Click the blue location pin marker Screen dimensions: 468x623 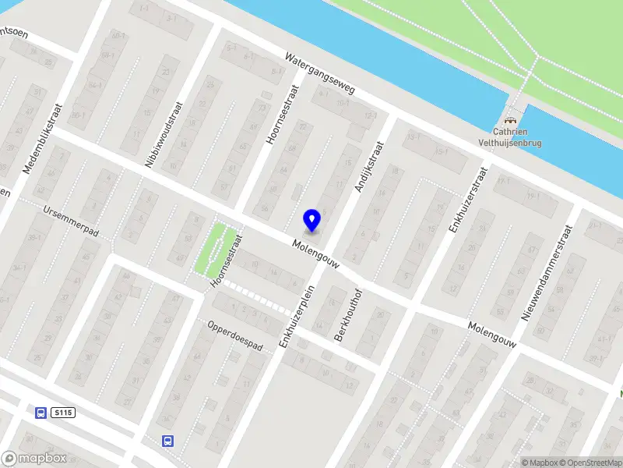[312, 220]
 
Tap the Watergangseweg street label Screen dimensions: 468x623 [319, 74]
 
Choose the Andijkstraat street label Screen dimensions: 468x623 [369, 166]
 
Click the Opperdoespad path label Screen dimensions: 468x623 [234, 335]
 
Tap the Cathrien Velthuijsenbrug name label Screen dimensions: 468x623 [511, 137]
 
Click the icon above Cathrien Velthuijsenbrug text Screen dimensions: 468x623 [511, 120]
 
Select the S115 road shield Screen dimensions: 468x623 [64, 413]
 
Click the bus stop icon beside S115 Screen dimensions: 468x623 [40, 413]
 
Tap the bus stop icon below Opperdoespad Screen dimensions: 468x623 [167, 441]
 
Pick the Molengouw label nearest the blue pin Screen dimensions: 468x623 [316, 255]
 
